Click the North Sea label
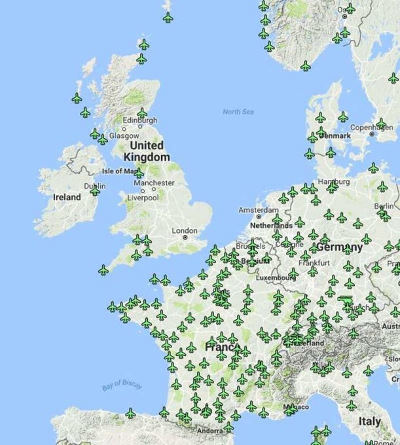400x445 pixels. [x=238, y=112]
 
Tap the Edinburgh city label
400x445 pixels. [x=139, y=120]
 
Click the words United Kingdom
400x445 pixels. [x=149, y=151]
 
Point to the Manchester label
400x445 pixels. [x=154, y=183]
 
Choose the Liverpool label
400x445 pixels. [x=143, y=197]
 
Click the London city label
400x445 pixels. [x=185, y=230]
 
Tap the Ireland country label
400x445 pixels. [x=67, y=196]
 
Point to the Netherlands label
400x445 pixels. [x=271, y=225]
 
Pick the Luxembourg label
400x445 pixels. [x=274, y=277]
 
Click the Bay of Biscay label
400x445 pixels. [x=122, y=386]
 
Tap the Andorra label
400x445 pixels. [x=210, y=431]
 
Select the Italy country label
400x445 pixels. [x=371, y=421]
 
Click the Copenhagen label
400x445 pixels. [x=371, y=127]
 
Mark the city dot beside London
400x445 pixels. [x=185, y=238]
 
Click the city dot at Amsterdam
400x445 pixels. [x=259, y=217]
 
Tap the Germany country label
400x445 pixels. [x=339, y=247]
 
